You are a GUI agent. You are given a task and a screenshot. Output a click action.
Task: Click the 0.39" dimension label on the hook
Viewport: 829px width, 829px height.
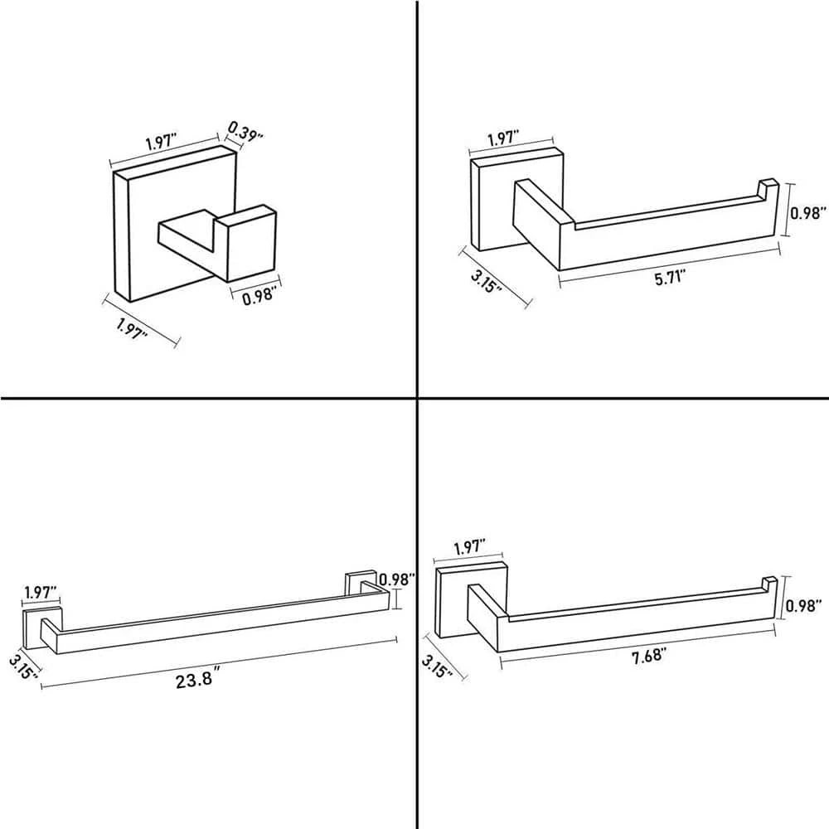tap(245, 130)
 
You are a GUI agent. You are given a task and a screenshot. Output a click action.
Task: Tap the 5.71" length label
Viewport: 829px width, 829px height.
tap(671, 277)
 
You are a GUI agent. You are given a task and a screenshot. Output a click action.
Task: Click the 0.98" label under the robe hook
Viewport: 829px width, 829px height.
tap(259, 294)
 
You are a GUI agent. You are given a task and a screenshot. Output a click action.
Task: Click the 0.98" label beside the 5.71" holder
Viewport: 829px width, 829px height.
tap(807, 213)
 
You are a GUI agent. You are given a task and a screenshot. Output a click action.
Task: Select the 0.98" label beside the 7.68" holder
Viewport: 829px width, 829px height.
tap(803, 605)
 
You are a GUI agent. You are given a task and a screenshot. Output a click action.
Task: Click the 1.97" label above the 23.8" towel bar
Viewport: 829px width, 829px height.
tap(41, 592)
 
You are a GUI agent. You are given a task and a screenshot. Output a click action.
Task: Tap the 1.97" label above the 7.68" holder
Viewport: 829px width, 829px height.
tap(469, 546)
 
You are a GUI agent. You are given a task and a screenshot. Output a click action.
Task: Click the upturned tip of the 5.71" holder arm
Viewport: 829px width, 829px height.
tap(768, 189)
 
